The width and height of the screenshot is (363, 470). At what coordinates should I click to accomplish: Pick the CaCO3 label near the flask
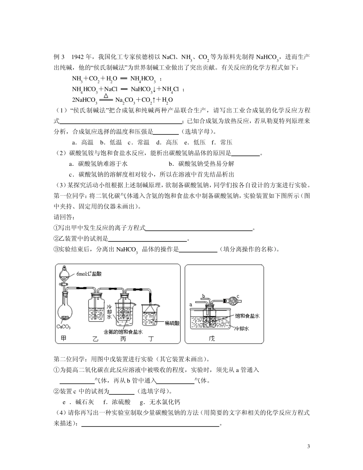(63, 327)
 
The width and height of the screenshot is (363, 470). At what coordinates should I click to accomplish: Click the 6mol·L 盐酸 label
(89, 274)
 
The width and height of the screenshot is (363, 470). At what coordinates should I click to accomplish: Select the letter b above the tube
(204, 296)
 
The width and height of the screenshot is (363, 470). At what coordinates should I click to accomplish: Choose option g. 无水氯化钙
(160, 402)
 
